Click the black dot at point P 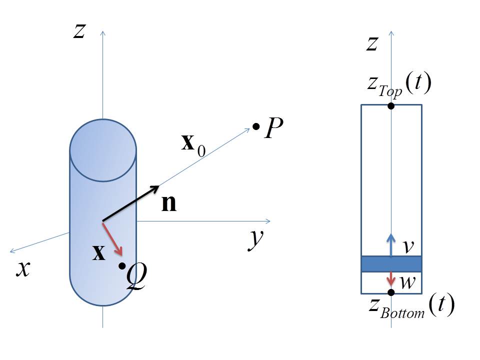[256, 127]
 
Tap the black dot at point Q [122, 266]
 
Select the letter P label [275, 130]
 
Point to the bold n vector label [168, 204]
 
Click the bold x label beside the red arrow [99, 254]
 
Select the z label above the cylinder [78, 31]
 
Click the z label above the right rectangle [371, 44]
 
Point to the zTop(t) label [398, 85]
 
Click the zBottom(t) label [409, 306]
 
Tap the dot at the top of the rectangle [391, 105]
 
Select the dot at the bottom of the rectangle [391, 292]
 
